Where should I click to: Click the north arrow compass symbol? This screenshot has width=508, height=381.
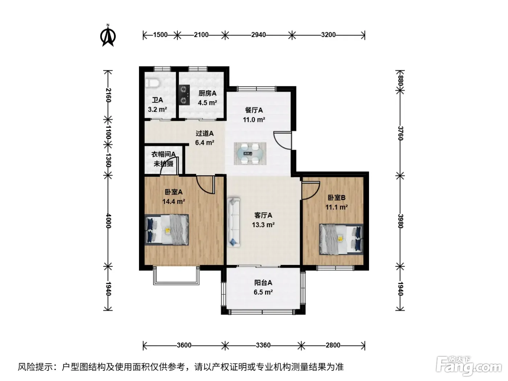108,36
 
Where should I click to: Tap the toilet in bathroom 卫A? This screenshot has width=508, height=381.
152,83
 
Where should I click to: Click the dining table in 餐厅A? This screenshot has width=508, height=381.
250,153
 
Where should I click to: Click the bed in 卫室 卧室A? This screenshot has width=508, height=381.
167,230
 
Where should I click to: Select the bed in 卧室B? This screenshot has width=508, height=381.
341,239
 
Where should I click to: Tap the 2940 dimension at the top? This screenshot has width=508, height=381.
258,35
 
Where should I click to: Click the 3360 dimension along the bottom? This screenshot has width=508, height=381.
263,345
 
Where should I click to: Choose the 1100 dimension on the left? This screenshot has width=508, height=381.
108,132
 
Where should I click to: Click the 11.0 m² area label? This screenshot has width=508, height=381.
254,120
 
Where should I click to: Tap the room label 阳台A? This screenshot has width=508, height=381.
263,282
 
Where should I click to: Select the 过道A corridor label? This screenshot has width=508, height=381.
205,133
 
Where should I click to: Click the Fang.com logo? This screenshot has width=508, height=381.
468,367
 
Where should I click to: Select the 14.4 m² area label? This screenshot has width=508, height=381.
173,201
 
